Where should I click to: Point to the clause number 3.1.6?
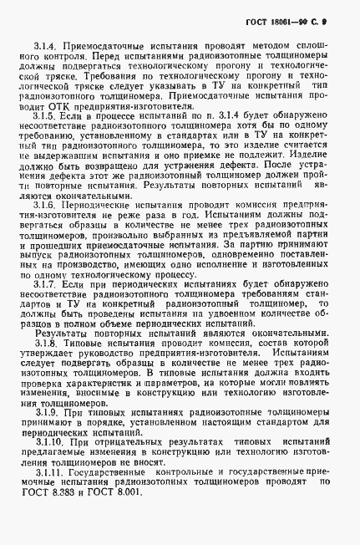click(46, 227)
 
